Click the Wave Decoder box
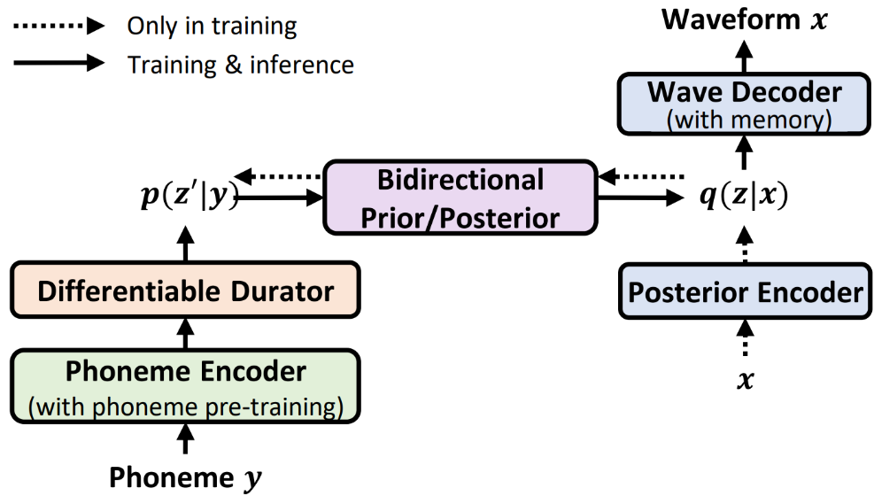[x=744, y=104]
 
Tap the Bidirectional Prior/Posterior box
[x=460, y=198]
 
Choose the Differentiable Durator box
[x=185, y=290]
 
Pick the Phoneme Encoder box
[x=185, y=386]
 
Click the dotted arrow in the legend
[x=57, y=26]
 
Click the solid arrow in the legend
[x=57, y=63]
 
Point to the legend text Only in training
[x=212, y=26]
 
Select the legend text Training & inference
[x=240, y=64]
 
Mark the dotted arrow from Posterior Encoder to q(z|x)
[x=744, y=241]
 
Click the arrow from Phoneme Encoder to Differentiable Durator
[x=185, y=334]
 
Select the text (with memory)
[x=744, y=120]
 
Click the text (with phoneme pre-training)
[x=185, y=407]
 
